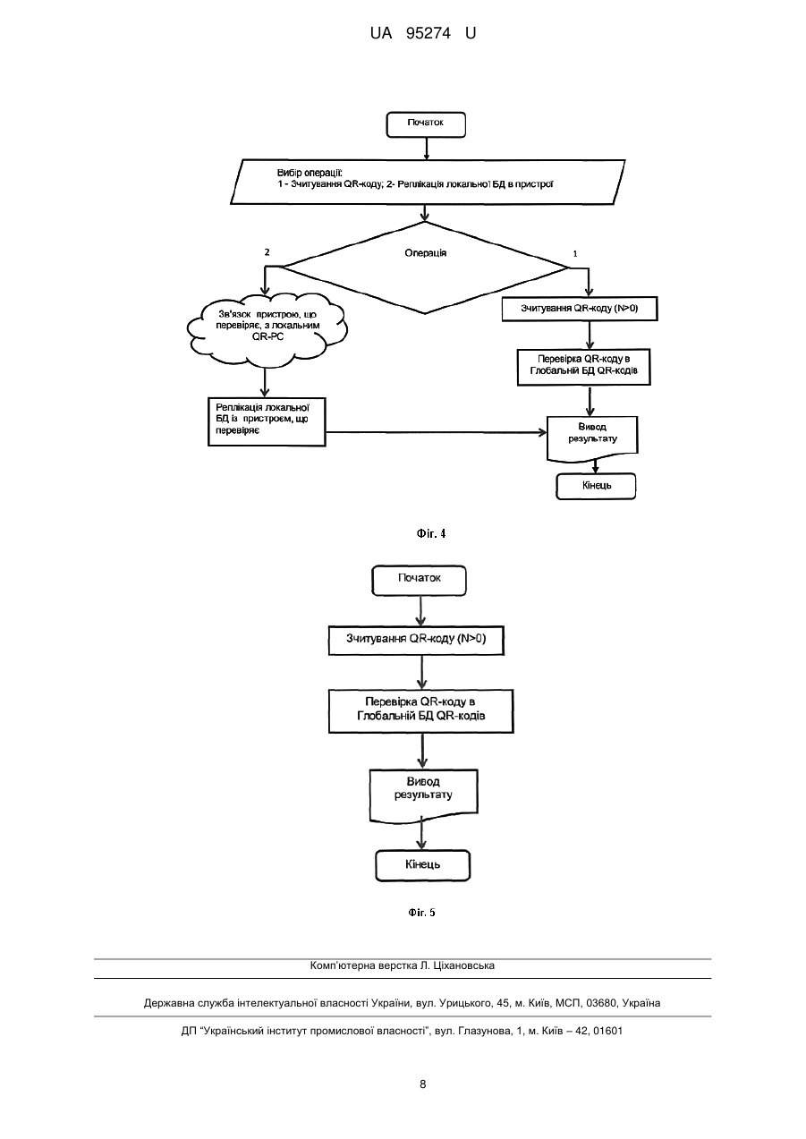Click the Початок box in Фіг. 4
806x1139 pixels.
point(426,124)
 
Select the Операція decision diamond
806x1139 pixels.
point(425,268)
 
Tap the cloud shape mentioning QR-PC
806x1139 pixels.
point(267,329)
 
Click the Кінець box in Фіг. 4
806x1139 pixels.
point(596,487)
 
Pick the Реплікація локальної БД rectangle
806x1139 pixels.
point(267,422)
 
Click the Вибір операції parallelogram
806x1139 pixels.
point(428,182)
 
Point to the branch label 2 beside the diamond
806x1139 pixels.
point(267,252)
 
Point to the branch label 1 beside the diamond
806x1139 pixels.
point(575,254)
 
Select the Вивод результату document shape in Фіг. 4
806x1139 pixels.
point(592,439)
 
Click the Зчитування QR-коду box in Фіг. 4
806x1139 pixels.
point(580,309)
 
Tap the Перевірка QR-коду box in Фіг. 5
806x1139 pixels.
point(421,710)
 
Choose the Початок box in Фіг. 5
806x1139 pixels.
point(419,580)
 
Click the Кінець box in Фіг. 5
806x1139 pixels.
point(423,865)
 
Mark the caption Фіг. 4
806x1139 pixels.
point(431,533)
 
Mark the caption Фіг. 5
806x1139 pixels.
point(421,913)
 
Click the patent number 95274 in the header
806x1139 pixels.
point(428,33)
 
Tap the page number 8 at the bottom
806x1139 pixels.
point(422,1084)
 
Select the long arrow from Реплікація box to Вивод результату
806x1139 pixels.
point(437,432)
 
